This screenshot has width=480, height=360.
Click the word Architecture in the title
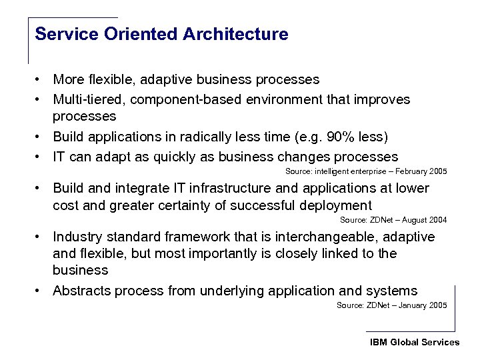[241, 34]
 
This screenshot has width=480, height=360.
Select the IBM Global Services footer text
[415, 342]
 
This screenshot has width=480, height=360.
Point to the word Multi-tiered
[88, 99]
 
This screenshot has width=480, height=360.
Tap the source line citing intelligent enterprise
[366, 171]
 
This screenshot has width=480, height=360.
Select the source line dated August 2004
[393, 220]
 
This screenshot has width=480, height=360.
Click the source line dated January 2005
[391, 305]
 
